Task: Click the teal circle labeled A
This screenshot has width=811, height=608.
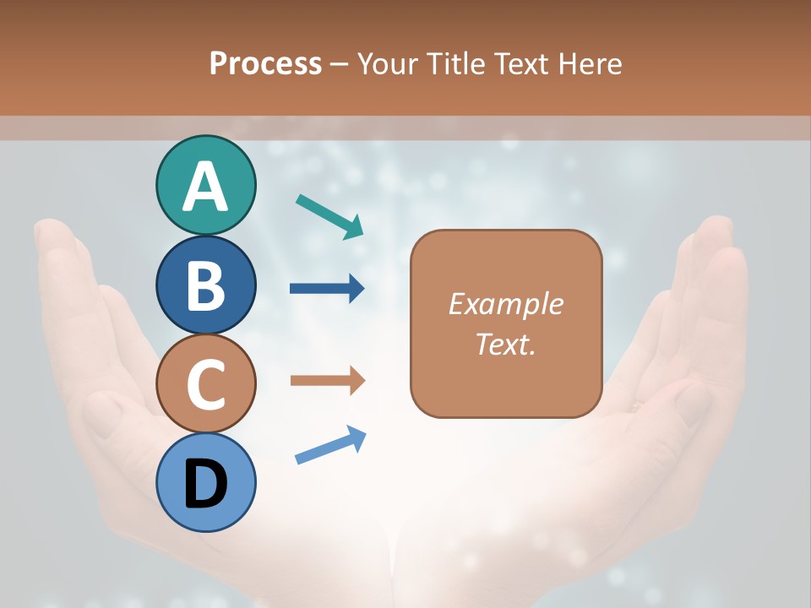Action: pyautogui.click(x=205, y=186)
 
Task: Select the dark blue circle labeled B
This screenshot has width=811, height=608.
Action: pyautogui.click(x=205, y=285)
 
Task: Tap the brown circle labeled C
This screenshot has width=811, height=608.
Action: pyautogui.click(x=205, y=384)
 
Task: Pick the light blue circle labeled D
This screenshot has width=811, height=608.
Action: pyautogui.click(x=205, y=483)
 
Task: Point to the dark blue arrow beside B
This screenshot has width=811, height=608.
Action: pyautogui.click(x=327, y=289)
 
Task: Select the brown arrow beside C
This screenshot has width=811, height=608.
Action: pyautogui.click(x=327, y=381)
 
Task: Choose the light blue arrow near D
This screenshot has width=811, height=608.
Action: pyautogui.click(x=330, y=444)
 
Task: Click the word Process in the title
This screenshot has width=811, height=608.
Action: pyautogui.click(x=265, y=63)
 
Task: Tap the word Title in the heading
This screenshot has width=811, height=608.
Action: pyautogui.click(x=456, y=63)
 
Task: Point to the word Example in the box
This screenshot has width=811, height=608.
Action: pyautogui.click(x=505, y=304)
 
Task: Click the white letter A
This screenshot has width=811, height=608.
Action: pyautogui.click(x=205, y=187)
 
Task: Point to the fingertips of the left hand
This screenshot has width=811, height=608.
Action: pyautogui.click(x=55, y=236)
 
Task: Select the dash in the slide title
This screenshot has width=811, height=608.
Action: pyautogui.click(x=340, y=64)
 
